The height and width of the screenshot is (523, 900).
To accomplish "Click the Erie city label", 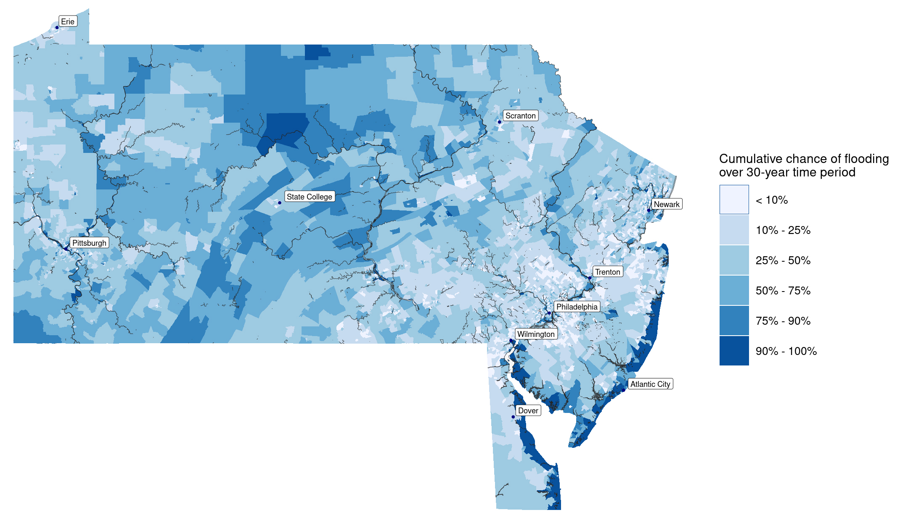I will tap(68, 21).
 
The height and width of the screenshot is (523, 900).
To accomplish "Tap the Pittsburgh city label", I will tap(89, 243).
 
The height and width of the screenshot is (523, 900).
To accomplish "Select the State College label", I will tap(309, 197).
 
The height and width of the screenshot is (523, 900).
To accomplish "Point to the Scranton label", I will tap(520, 116).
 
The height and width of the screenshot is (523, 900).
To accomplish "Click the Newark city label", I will tap(667, 204).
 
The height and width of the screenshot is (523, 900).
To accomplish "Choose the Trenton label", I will tap(607, 272).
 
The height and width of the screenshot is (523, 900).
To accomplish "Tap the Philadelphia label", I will tap(577, 307).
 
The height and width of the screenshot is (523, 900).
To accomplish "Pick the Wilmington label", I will tap(536, 334).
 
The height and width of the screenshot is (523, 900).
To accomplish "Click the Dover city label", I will tap(528, 410).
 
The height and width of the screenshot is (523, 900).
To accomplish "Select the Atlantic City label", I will tap(650, 384).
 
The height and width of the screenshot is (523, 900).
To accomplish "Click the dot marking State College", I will tap(280, 203).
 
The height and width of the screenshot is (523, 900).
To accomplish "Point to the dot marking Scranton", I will tap(500, 122).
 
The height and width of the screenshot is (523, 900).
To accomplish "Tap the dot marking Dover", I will tap(513, 417).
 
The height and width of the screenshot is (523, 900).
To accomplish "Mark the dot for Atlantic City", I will tap(623, 390).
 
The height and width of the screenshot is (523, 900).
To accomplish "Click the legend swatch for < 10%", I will tap(734, 200).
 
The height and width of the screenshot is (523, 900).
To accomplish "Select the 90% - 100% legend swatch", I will tap(734, 351).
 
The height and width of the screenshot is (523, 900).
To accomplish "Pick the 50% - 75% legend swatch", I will tap(734, 290).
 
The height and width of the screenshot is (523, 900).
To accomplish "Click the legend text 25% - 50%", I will tap(783, 260).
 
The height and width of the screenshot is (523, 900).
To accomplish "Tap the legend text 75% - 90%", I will tap(783, 321).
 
